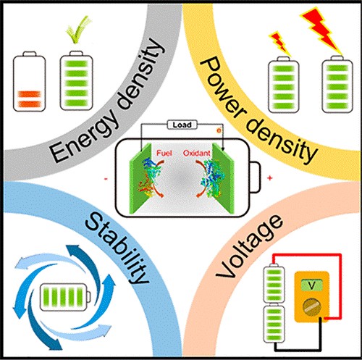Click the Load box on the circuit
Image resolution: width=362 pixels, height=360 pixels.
click(182, 125)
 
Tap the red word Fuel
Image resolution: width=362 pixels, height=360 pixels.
click(164, 153)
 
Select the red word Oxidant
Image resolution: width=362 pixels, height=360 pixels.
click(197, 153)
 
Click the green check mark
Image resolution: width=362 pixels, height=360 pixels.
click(79, 30)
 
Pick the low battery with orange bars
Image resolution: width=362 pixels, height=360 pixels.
click(29, 82)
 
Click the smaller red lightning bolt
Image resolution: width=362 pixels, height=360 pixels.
click(280, 43)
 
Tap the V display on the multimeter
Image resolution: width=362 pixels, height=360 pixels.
click(311, 285)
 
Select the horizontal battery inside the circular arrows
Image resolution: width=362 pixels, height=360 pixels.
click(65, 297)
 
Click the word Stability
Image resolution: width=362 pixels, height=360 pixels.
click(117, 248)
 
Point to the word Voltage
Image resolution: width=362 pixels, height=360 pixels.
click(248, 246)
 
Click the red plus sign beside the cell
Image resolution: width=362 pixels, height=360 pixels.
click(270, 178)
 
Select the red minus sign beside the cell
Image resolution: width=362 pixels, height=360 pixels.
click(106, 179)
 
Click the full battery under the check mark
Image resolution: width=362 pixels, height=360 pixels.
click(76, 80)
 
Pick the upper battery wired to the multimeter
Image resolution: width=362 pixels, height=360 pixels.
click(274, 284)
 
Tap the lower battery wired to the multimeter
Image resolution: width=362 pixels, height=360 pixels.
click(274, 324)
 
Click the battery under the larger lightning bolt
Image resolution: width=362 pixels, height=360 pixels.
click(337, 85)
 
